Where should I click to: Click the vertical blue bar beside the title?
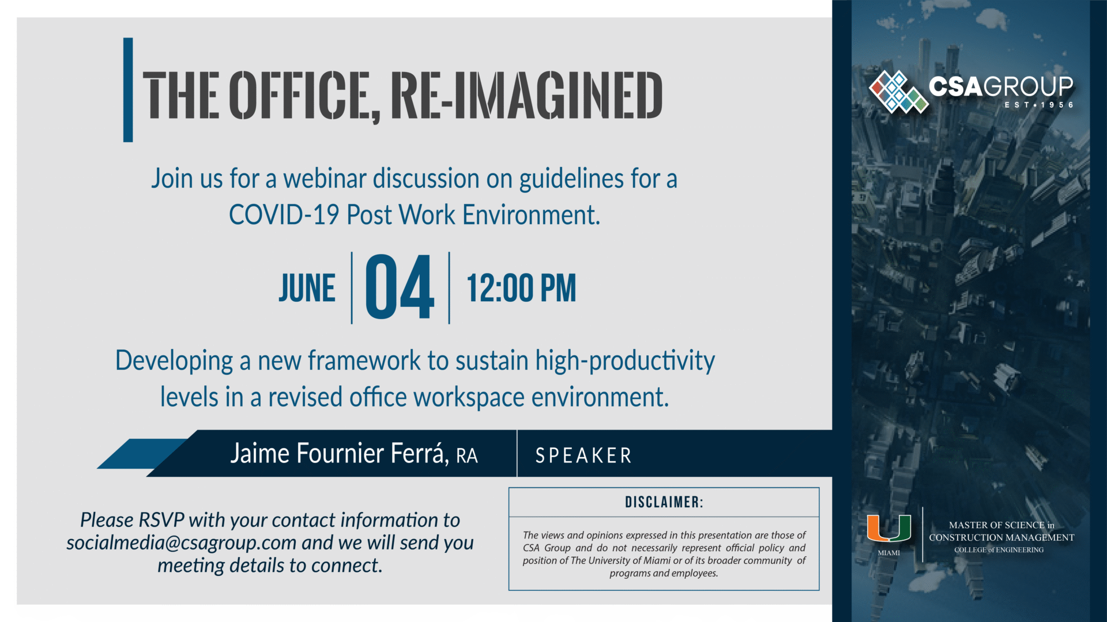pyautogui.click(x=128, y=90)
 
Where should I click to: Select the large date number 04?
pyautogui.click(x=400, y=287)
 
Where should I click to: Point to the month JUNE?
pyautogui.click(x=307, y=289)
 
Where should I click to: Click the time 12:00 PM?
pyautogui.click(x=521, y=289)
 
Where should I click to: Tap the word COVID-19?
pyautogui.click(x=284, y=215)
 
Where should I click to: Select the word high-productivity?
pyautogui.click(x=625, y=362)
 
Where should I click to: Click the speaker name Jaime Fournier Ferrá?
pyautogui.click(x=339, y=454)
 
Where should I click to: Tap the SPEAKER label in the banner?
pyautogui.click(x=583, y=456)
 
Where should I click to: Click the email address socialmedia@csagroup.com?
pyautogui.click(x=181, y=543)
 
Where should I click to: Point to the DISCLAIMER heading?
pyautogui.click(x=664, y=502)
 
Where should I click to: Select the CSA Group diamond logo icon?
pyautogui.click(x=898, y=91)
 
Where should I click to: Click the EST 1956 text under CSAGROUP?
pyautogui.click(x=1039, y=105)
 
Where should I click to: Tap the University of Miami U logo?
pyautogui.click(x=889, y=528)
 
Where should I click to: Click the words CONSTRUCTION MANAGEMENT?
pyautogui.click(x=1001, y=537)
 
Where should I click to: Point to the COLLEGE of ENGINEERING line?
pyautogui.click(x=999, y=550)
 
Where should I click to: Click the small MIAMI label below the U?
pyautogui.click(x=888, y=553)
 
